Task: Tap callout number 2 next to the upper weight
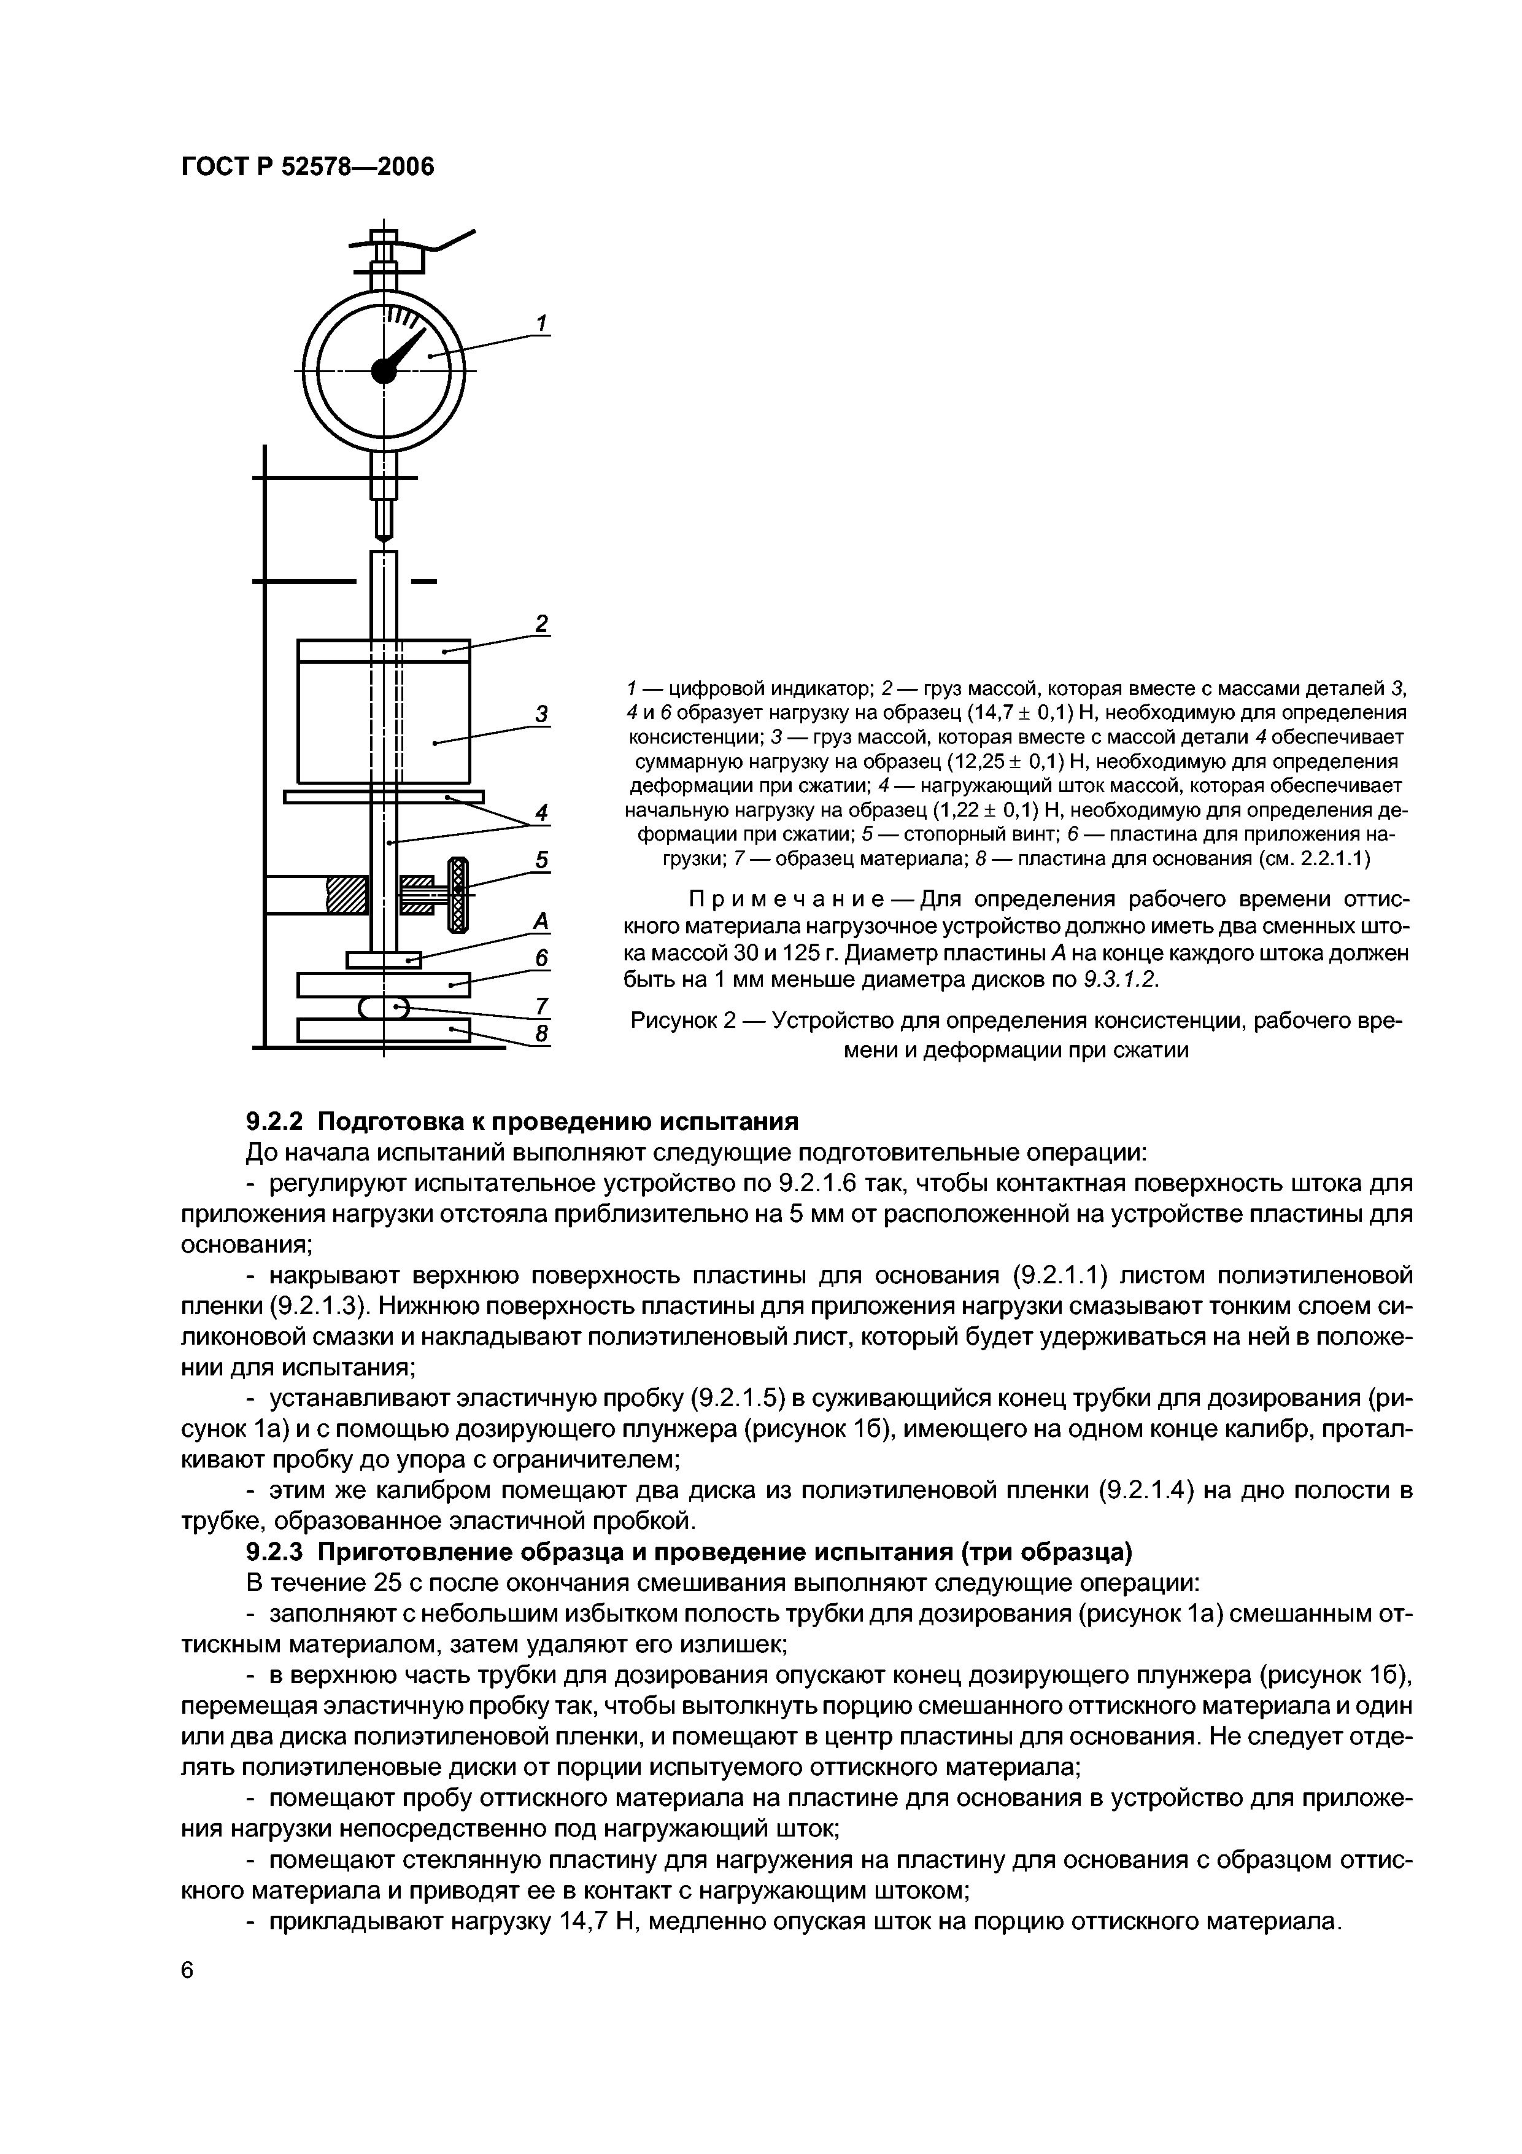coord(541,624)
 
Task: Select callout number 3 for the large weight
coord(541,713)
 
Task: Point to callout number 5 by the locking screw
coord(541,860)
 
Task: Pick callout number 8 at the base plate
coord(541,1035)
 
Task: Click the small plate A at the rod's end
coord(384,960)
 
